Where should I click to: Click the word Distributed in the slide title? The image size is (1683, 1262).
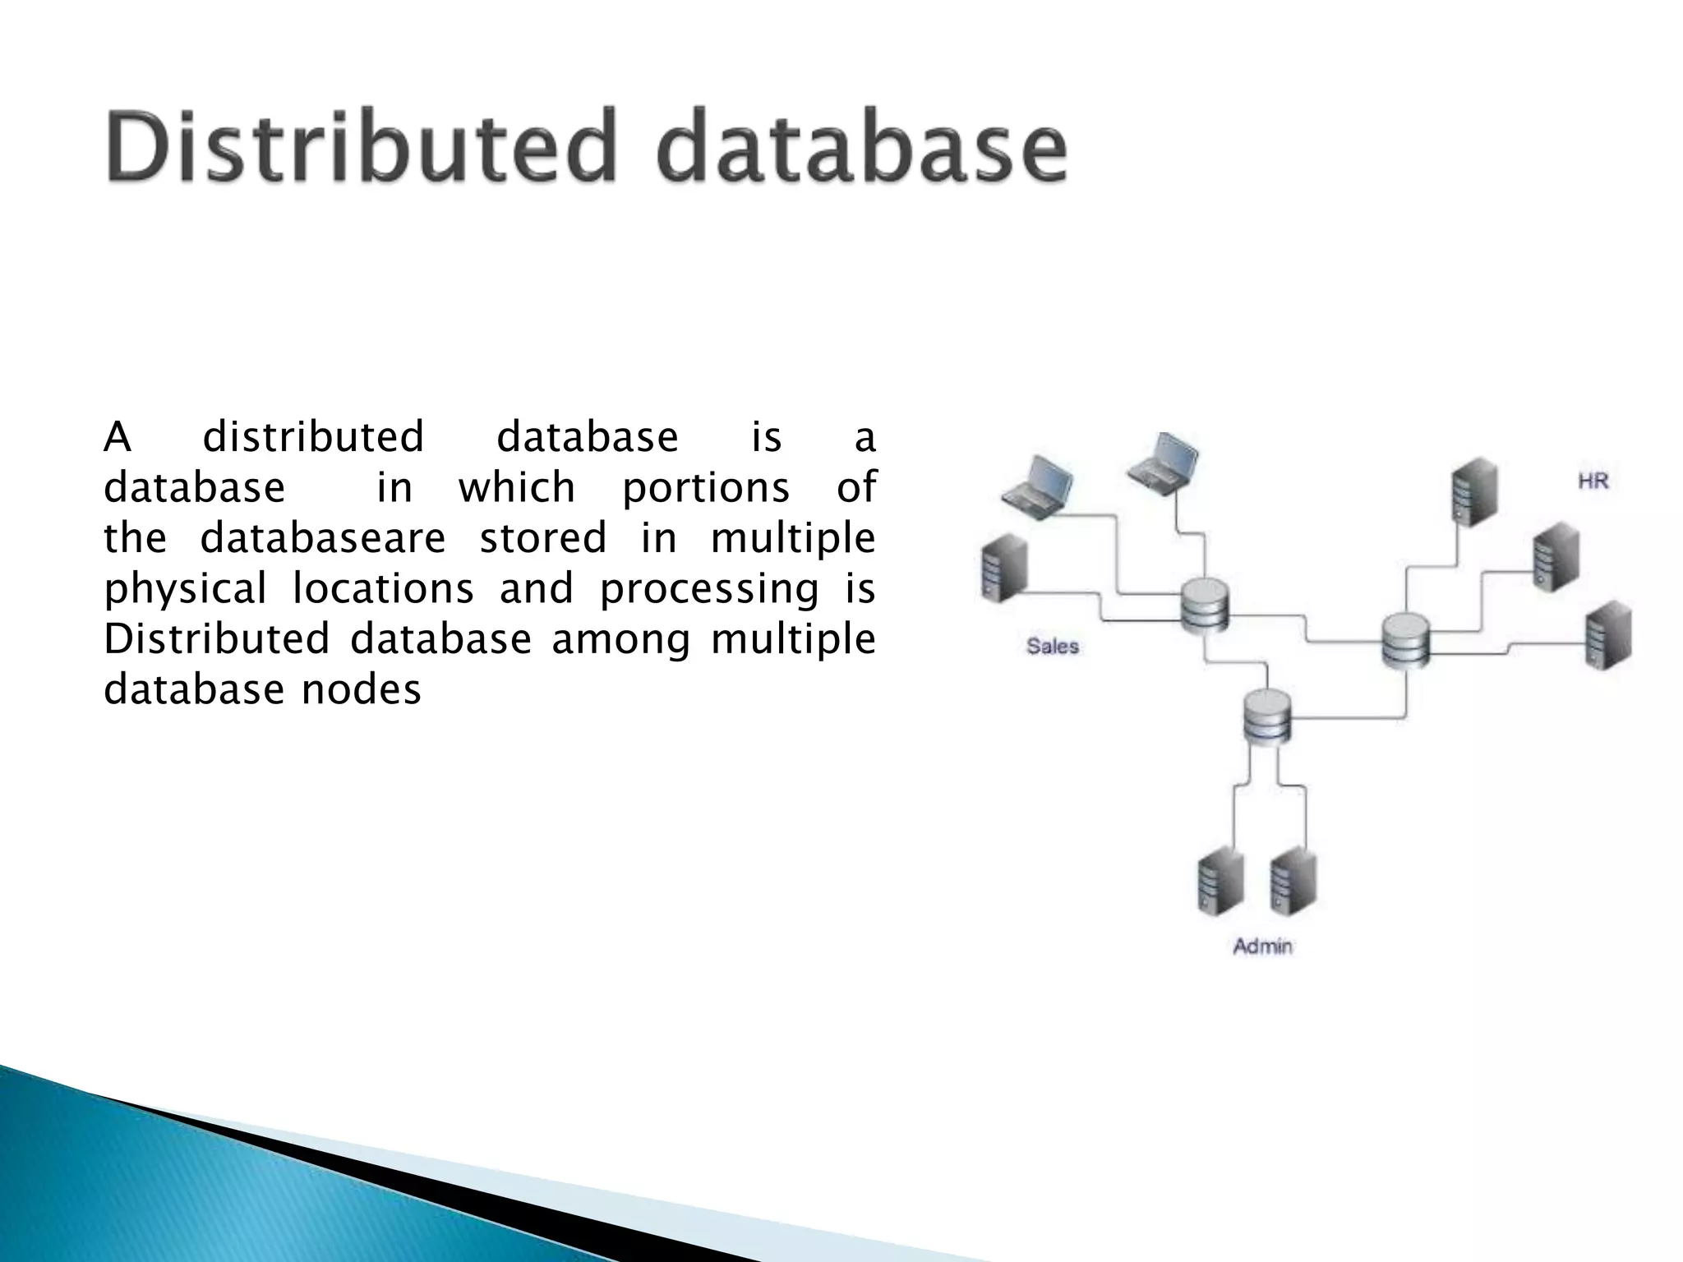[361, 146]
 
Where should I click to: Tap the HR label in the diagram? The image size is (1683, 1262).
[1593, 481]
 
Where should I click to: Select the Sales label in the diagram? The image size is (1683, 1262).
[1052, 647]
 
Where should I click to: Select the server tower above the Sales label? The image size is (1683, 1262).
[1003, 566]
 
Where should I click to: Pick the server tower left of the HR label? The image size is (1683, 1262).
[1473, 491]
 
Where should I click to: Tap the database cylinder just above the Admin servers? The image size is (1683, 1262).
[1266, 716]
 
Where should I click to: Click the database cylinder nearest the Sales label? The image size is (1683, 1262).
[1204, 606]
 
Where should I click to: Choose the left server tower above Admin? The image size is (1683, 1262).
[1220, 882]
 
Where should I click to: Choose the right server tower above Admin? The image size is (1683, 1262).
[1292, 881]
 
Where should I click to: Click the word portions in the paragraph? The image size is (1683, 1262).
[706, 488]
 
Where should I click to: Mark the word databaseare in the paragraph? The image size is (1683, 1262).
[323, 538]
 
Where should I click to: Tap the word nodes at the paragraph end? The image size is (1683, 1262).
[361, 689]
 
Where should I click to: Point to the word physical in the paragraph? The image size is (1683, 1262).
[186, 589]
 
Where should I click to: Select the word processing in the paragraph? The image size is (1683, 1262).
[709, 589]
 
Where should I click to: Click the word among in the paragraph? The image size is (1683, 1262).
[621, 639]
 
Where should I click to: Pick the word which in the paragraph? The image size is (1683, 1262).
[517, 488]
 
